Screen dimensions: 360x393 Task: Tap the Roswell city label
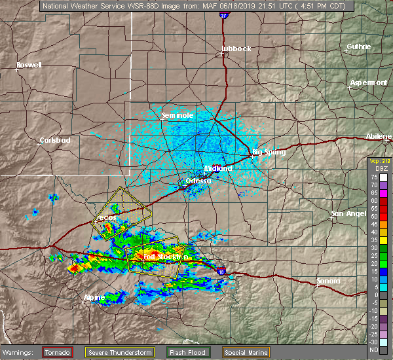(x=29, y=65)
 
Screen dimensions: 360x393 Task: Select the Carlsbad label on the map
(x=55, y=140)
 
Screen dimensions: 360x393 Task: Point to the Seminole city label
(x=178, y=115)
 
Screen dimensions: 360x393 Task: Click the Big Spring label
(x=269, y=153)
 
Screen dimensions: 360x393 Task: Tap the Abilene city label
(x=379, y=136)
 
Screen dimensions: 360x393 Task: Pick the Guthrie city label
(x=359, y=47)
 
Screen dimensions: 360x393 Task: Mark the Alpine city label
(x=94, y=298)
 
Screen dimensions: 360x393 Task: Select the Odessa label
(x=198, y=181)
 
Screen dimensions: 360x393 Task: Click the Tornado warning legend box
(x=58, y=352)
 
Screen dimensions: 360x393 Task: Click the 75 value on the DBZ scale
(x=375, y=177)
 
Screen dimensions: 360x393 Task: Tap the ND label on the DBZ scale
(x=375, y=350)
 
